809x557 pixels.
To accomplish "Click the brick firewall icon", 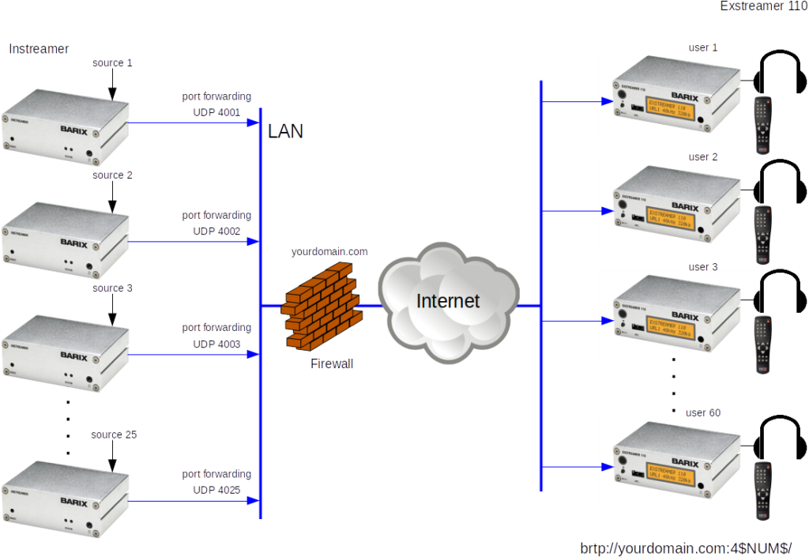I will [x=321, y=307].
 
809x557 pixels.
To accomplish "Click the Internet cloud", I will [x=448, y=301].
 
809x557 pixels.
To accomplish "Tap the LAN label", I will [x=285, y=131].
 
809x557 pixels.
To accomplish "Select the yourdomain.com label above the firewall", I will [x=329, y=252].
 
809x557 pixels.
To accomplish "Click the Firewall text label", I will [x=331, y=364].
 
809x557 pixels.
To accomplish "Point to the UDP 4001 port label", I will [x=216, y=112].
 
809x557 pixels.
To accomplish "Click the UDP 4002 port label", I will [x=216, y=231].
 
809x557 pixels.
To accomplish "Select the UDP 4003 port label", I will [x=216, y=344].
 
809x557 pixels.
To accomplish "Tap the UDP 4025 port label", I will [x=216, y=490].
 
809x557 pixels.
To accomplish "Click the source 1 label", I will [x=112, y=62].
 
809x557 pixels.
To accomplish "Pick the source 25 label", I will [x=114, y=435].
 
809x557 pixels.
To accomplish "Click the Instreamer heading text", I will [x=39, y=49].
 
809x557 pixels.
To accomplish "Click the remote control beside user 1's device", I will [x=762, y=125].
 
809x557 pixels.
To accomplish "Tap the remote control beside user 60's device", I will [x=762, y=491].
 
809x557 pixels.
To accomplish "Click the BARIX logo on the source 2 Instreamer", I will [x=73, y=244].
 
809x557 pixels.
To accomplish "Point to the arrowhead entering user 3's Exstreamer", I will [x=606, y=321].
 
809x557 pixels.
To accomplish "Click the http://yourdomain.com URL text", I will [x=685, y=548].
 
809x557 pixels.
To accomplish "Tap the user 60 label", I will [x=703, y=412].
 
